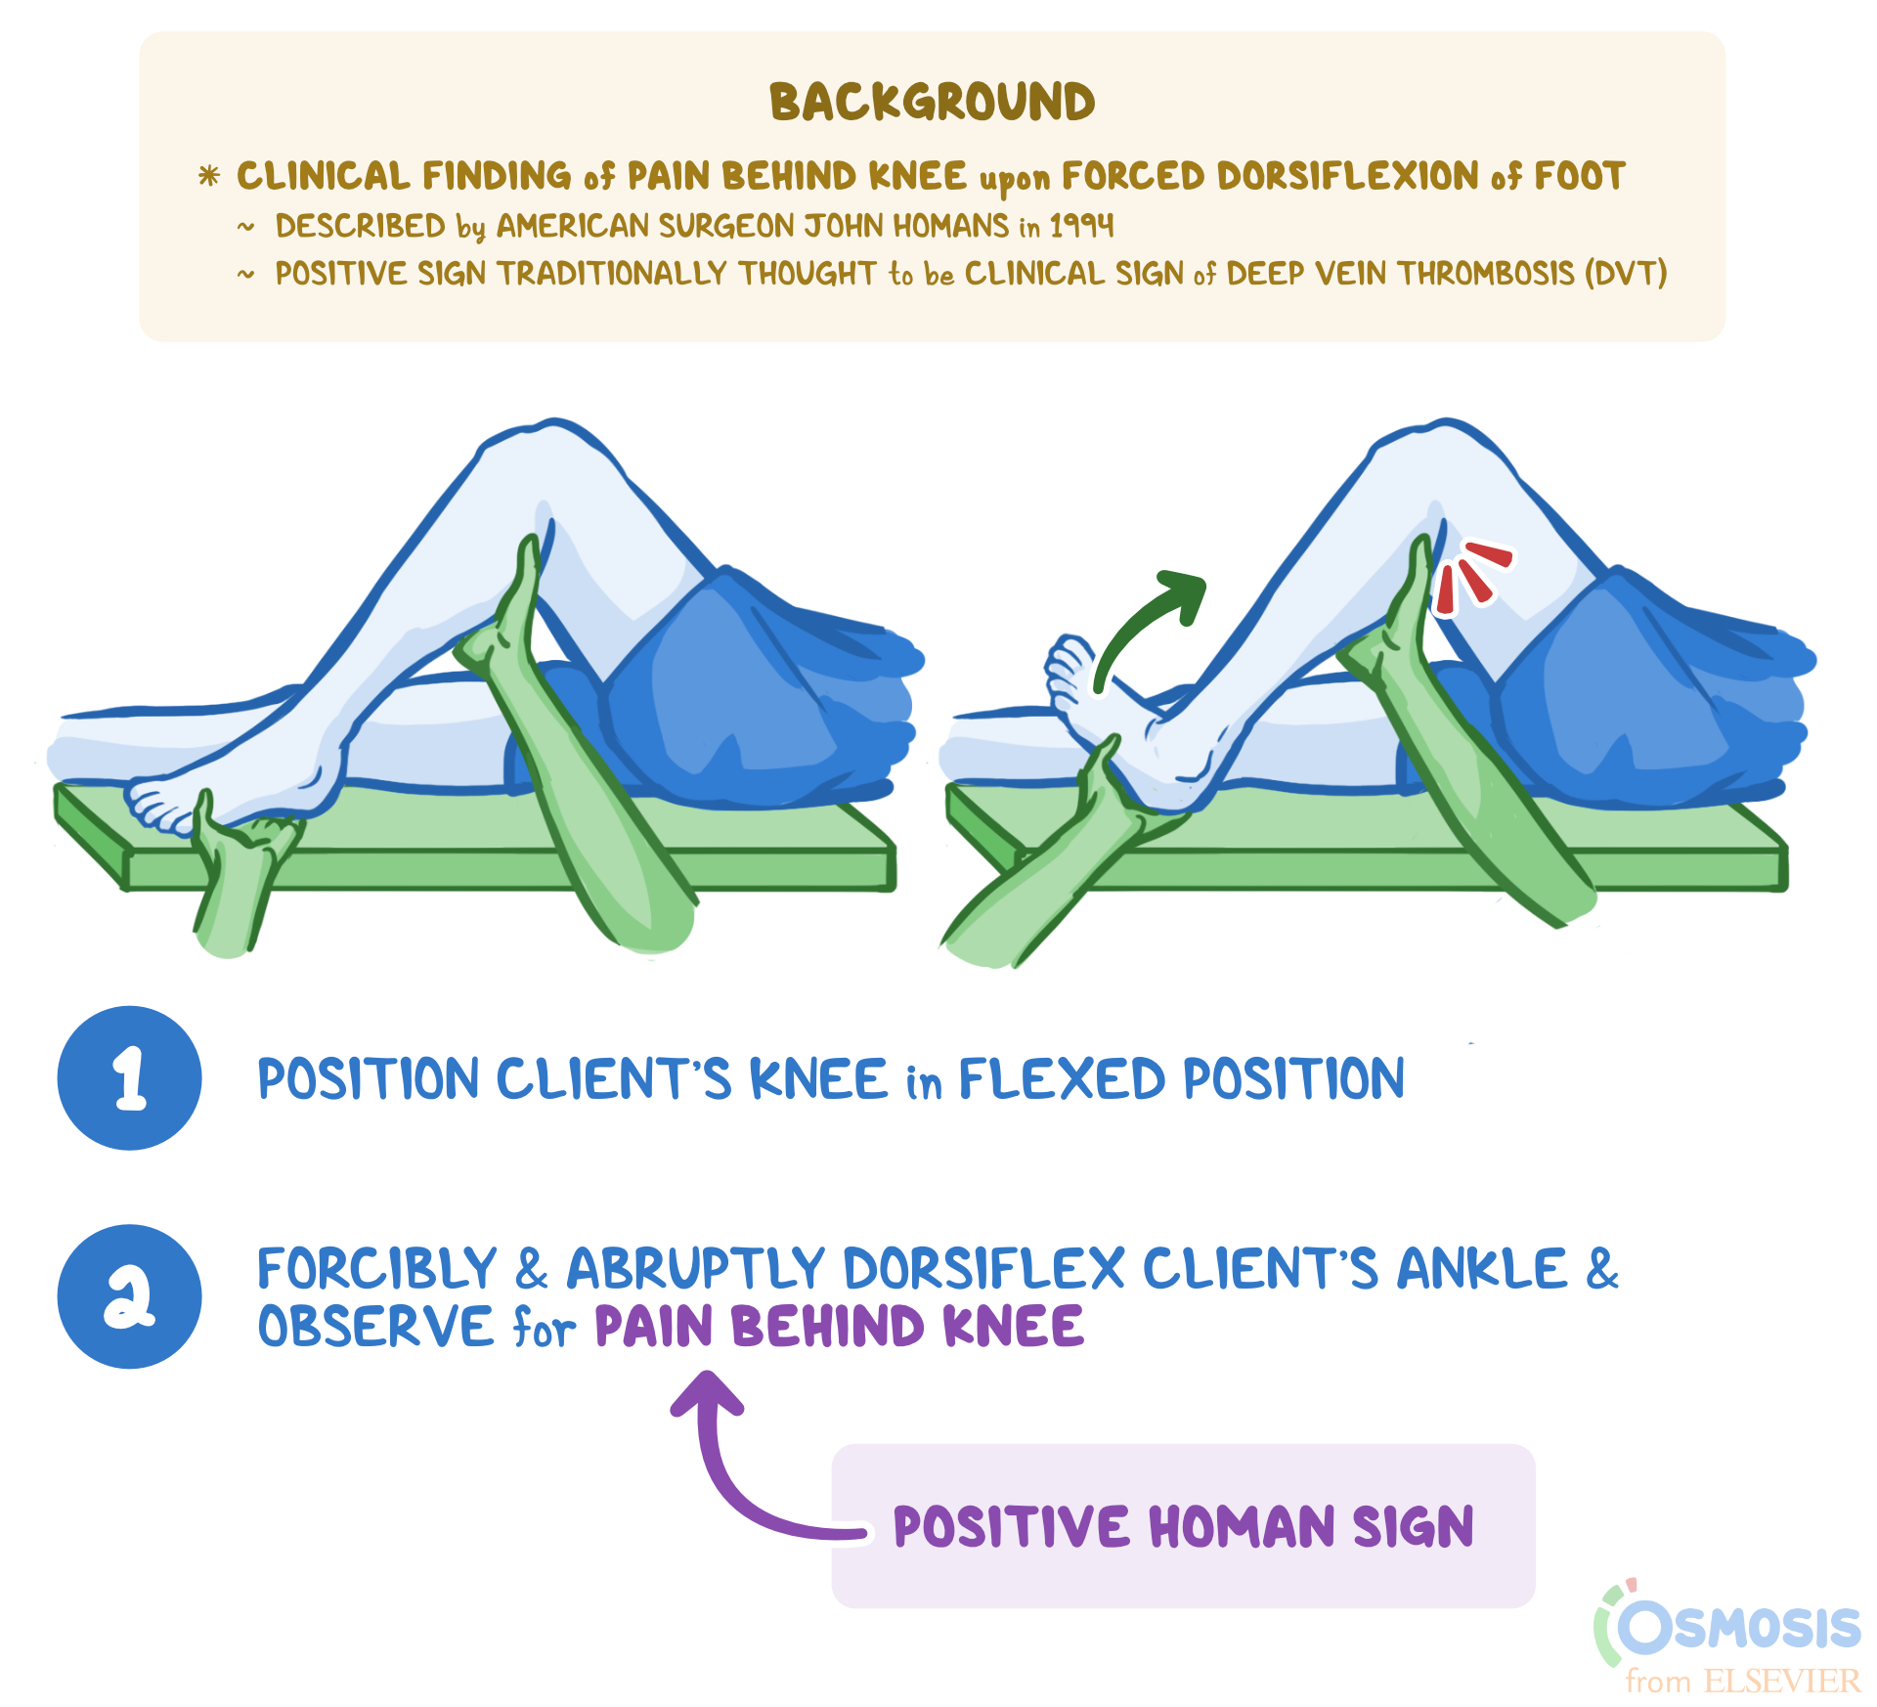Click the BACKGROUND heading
click(932, 103)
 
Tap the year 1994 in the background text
click(1081, 227)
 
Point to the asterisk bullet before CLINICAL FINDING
click(208, 177)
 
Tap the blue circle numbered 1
click(129, 1077)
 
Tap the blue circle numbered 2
click(129, 1296)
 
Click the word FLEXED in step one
click(1061, 1079)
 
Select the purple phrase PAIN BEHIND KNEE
click(839, 1327)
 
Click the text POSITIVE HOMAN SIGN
click(1183, 1527)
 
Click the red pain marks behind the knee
click(1471, 577)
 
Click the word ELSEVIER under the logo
click(1781, 1682)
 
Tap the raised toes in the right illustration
click(1068, 665)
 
